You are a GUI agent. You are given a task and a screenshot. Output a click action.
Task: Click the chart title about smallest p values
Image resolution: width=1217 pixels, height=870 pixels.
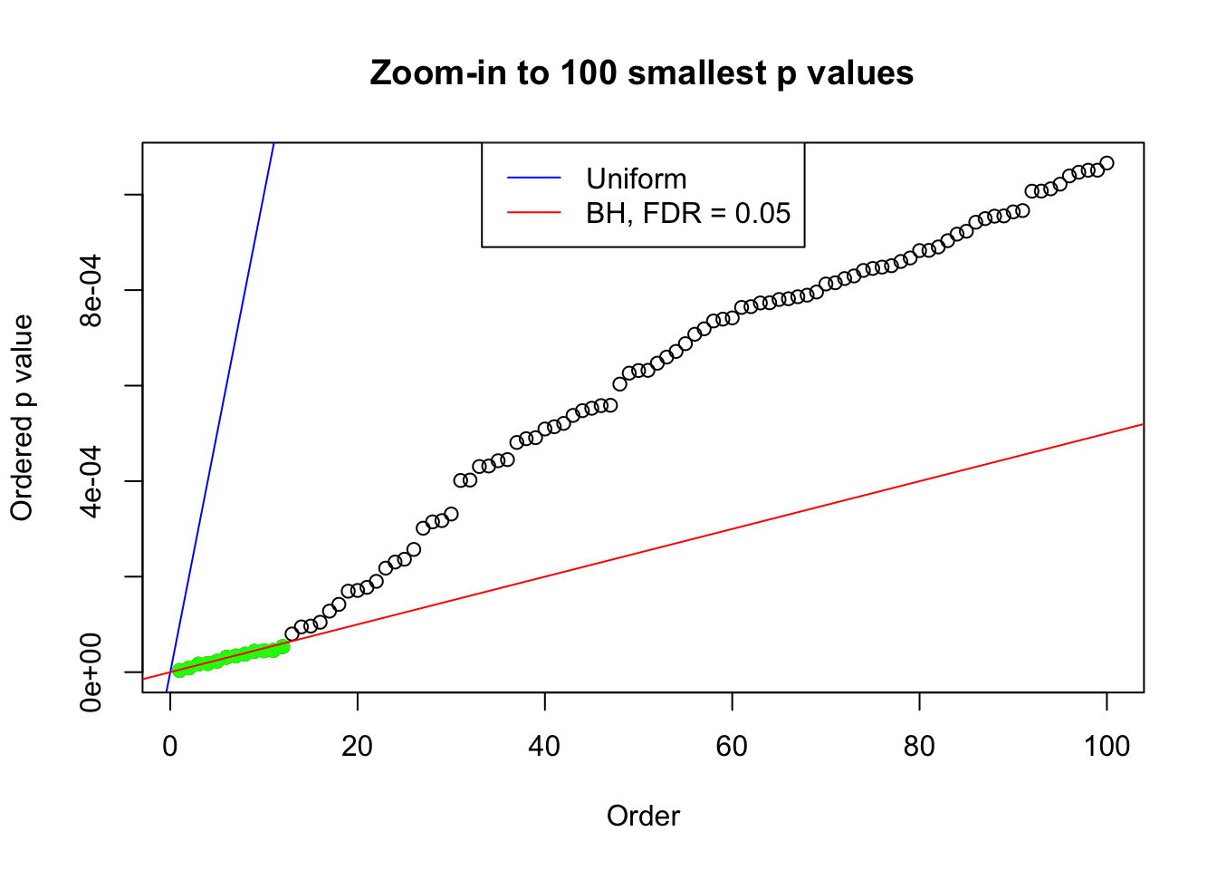pyautogui.click(x=641, y=73)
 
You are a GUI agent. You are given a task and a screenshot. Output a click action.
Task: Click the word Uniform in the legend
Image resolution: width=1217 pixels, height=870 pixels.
pyautogui.click(x=636, y=179)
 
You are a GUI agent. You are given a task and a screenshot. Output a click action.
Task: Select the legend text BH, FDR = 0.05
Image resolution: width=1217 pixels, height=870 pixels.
pyautogui.click(x=688, y=213)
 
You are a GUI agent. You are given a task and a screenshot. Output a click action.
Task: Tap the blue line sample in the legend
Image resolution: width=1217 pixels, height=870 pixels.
pyautogui.click(x=533, y=179)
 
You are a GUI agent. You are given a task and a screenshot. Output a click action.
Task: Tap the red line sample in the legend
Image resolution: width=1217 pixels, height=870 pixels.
pyautogui.click(x=533, y=213)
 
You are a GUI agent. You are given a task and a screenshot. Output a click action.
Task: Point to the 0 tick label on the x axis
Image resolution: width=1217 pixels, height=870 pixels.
pyautogui.click(x=170, y=747)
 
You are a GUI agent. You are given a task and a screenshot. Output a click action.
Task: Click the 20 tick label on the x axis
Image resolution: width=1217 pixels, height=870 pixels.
pyautogui.click(x=358, y=747)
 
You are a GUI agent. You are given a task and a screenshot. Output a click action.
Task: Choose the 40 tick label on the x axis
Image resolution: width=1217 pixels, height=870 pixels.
pyautogui.click(x=545, y=747)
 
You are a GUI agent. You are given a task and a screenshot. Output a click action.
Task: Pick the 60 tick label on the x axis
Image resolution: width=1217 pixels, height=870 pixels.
pyautogui.click(x=732, y=747)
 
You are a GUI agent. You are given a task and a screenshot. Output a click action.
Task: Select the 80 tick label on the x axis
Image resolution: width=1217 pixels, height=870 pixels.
pyautogui.click(x=919, y=747)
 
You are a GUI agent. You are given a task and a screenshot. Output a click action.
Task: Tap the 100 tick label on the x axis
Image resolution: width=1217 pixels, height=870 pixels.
pyautogui.click(x=1107, y=747)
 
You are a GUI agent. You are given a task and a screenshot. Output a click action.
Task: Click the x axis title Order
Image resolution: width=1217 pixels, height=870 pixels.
pyautogui.click(x=643, y=817)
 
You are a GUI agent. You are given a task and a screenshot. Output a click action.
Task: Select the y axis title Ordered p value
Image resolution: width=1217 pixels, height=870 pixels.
pyautogui.click(x=22, y=417)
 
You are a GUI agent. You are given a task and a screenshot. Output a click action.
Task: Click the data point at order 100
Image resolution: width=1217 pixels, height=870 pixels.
pyautogui.click(x=1107, y=163)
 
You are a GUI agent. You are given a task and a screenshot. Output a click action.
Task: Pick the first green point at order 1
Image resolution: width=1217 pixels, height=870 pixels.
pyautogui.click(x=179, y=670)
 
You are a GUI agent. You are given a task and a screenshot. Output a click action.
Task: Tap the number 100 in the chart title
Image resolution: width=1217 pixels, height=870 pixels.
pyautogui.click(x=588, y=73)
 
